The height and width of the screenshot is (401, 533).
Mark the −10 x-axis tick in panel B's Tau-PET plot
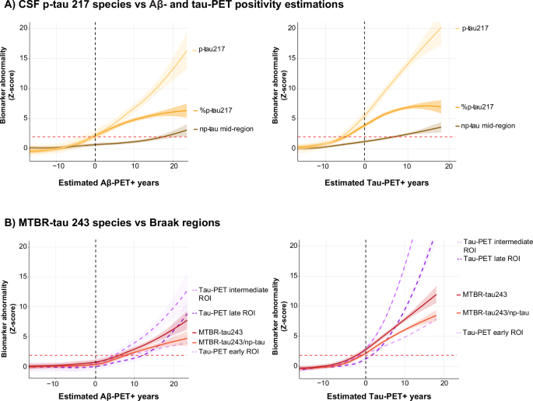327,381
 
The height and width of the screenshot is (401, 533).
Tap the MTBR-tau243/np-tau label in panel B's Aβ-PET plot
227,342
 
